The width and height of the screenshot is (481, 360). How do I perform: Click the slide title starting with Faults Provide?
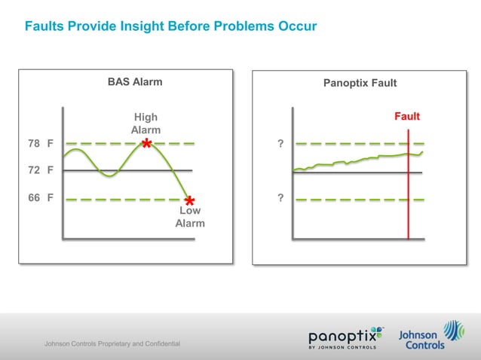tap(170, 27)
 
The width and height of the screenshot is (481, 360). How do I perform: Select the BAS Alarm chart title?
tap(135, 81)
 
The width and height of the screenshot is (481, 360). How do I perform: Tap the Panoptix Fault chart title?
tap(360, 82)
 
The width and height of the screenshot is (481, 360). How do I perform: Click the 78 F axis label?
tap(40, 143)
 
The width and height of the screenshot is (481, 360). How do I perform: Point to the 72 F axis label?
tap(40, 170)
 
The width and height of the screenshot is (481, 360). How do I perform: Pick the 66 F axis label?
tap(40, 199)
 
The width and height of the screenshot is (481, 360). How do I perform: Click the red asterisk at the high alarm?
tap(147, 144)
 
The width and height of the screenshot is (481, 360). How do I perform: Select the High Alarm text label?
tap(146, 124)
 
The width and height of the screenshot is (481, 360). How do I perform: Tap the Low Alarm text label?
tap(189, 218)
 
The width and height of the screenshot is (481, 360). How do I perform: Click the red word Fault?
tap(407, 117)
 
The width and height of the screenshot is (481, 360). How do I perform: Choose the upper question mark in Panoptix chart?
tap(280, 143)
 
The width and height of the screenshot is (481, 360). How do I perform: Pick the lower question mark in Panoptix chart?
tap(280, 199)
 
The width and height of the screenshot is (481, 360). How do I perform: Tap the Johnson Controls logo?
tap(430, 335)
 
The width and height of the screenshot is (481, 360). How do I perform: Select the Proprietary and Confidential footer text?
tap(112, 344)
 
